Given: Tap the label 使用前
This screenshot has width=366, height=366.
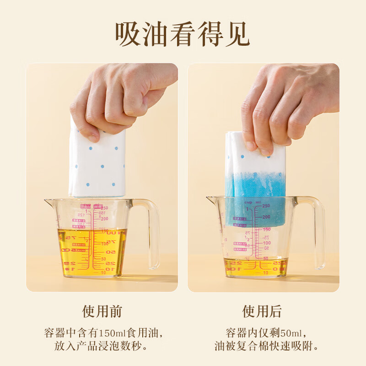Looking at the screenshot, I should [102, 312].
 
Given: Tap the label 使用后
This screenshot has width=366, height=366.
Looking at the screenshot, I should [262, 312].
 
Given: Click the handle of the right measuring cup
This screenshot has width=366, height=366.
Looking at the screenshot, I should [316, 231].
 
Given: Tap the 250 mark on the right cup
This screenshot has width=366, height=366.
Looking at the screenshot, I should [266, 206].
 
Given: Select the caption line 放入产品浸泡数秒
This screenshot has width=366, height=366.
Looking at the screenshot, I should [102, 346].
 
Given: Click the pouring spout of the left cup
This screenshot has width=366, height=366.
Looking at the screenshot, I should [48, 201].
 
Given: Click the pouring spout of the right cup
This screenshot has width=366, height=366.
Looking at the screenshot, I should [210, 199].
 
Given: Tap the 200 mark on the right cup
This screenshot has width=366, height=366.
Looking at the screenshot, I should [266, 217].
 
